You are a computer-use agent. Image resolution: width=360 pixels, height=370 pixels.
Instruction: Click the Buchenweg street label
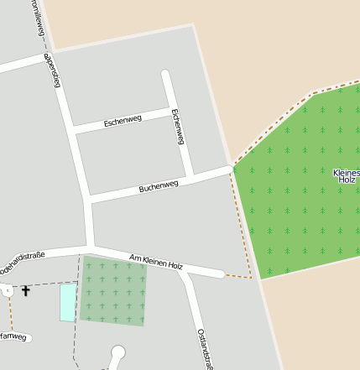159,185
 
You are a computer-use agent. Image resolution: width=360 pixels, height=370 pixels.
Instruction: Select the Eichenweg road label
177,127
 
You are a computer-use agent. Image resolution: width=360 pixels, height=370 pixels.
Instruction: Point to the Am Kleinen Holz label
156,261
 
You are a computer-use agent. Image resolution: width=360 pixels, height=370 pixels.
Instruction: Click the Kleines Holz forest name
346,176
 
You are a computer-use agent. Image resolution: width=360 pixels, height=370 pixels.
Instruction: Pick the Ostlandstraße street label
206,347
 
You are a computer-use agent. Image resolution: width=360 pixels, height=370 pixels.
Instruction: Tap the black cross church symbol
25,291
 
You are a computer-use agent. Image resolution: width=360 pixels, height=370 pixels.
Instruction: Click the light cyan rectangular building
67,302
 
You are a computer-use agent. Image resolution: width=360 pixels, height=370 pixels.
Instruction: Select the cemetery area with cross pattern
112,291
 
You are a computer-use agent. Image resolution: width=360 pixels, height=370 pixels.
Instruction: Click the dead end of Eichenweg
166,75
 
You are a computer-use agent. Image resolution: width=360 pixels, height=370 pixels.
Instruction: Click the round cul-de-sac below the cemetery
117,353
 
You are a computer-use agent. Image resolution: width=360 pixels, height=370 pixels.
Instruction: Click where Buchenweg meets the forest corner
232,167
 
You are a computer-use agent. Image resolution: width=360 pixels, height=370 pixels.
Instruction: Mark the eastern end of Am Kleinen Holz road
220,274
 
